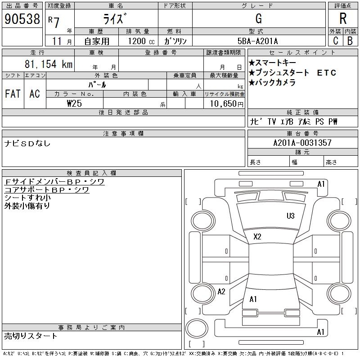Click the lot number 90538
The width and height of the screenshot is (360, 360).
22,19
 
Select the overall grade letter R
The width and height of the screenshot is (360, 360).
343,18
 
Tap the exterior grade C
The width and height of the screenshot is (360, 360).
336,40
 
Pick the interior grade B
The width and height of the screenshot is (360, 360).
350,40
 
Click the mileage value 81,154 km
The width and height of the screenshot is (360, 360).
49,64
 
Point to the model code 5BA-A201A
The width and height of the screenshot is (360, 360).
257,41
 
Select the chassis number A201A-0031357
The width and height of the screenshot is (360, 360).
302,143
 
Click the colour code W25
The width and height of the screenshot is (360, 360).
74,103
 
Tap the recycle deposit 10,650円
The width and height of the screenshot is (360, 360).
226,103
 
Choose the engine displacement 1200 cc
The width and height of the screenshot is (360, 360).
141,41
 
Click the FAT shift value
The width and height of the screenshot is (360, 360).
13,94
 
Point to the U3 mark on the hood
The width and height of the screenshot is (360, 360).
290,216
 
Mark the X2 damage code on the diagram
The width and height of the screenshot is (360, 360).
257,237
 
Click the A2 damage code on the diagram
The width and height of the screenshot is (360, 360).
221,292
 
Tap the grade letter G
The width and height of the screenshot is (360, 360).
258,18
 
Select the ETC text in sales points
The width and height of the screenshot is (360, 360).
327,73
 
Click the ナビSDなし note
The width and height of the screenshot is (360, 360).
27,144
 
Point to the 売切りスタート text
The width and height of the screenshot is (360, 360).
31,336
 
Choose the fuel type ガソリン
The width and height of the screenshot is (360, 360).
175,41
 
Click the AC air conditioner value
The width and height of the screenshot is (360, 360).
35,94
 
